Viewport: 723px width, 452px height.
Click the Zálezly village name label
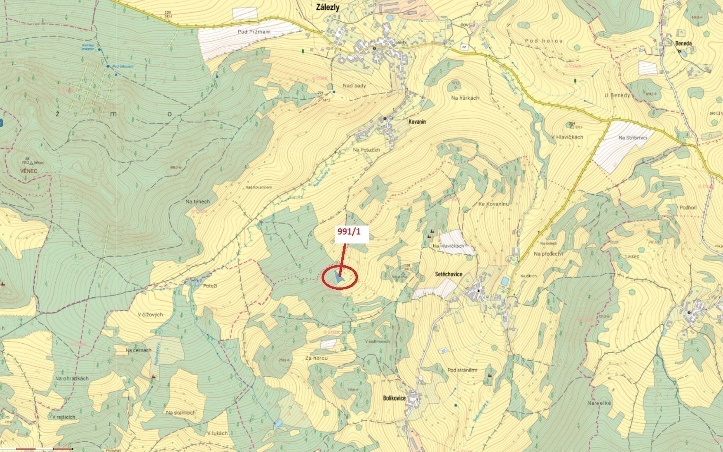(x=328, y=7)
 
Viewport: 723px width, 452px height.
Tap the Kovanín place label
(x=417, y=122)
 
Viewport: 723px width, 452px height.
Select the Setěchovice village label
(x=449, y=274)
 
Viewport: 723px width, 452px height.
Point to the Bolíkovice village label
(x=394, y=398)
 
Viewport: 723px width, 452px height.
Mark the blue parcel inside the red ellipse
(x=339, y=278)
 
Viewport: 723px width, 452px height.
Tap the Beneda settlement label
(x=683, y=43)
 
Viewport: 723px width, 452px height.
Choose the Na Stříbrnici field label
(x=632, y=138)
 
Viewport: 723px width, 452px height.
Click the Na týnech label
(x=198, y=201)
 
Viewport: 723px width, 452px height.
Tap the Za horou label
(x=316, y=358)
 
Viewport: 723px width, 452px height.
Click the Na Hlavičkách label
(x=448, y=246)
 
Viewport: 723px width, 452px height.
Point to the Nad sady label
(x=355, y=86)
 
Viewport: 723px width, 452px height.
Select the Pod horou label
(x=544, y=41)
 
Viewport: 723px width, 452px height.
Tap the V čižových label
(x=150, y=314)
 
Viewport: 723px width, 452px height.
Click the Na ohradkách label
(x=72, y=378)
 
